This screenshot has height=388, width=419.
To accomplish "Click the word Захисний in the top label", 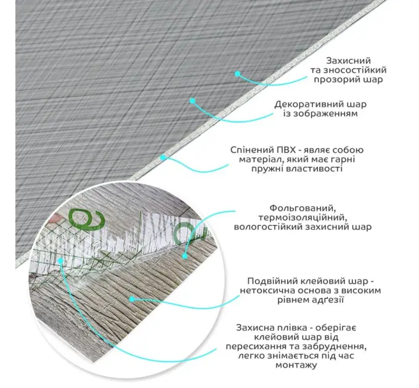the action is click(x=349, y=61).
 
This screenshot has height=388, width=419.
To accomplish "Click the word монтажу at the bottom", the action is click(x=296, y=365).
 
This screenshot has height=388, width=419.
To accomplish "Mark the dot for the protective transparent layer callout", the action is click(x=237, y=73).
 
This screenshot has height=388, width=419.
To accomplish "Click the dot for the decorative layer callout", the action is click(x=193, y=100).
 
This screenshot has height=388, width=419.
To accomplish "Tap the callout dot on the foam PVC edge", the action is click(x=163, y=158).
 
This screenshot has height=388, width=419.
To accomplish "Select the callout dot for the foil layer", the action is click(x=185, y=256).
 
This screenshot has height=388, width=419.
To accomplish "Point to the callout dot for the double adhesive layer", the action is click(x=132, y=299).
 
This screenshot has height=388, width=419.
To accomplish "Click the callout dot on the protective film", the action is click(x=60, y=260).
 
